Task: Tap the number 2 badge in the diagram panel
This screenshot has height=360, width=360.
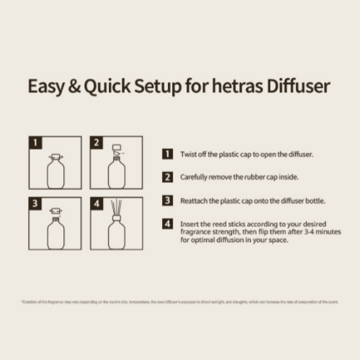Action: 96,143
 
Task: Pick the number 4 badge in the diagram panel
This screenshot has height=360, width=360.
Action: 96,203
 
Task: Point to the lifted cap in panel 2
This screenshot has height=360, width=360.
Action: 118,149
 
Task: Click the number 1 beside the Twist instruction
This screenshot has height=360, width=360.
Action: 167,154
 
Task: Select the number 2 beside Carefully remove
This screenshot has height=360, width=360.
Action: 167,177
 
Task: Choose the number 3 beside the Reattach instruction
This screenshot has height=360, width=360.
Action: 167,200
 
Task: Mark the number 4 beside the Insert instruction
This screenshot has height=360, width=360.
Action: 167,224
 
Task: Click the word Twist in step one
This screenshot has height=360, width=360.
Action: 189,154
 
